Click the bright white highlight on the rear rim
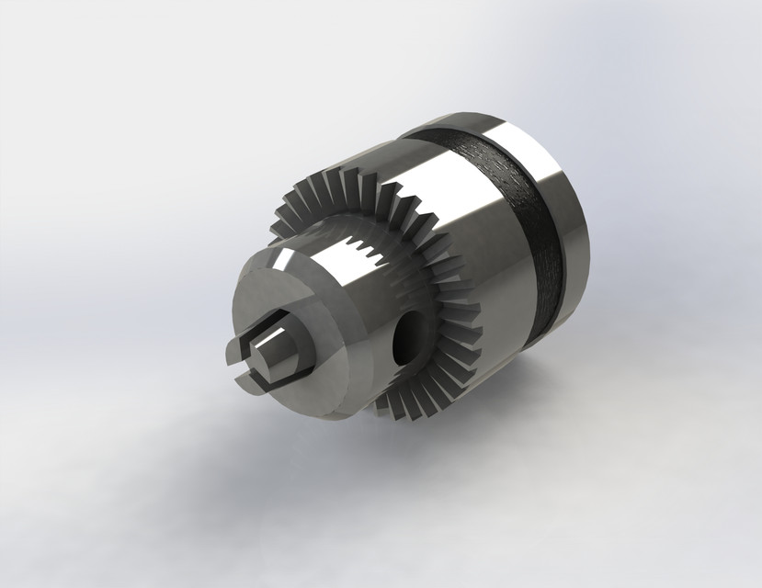tap(524, 147)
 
